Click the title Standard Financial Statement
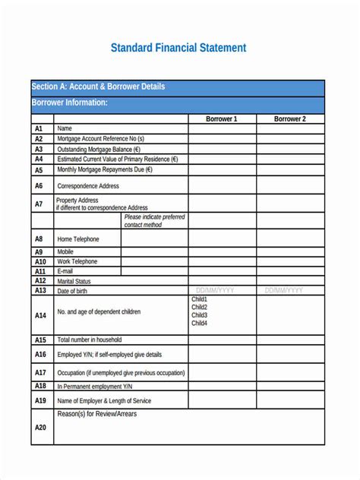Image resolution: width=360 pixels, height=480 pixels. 178,48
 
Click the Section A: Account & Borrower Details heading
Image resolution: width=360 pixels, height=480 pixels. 98,87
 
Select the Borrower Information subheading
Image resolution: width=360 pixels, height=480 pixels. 69,103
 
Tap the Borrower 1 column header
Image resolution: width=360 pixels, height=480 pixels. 222,119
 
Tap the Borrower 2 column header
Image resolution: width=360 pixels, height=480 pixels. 290,119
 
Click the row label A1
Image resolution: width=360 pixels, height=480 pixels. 39,129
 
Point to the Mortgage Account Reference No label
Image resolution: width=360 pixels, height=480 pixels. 100,139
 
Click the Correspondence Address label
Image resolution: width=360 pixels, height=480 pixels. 88,186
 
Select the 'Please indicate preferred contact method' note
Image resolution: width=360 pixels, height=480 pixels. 154,221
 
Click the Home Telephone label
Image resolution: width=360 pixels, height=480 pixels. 78,239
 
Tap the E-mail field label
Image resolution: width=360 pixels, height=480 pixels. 65,271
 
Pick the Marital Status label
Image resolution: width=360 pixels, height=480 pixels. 74,281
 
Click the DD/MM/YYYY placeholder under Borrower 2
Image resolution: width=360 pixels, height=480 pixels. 284,290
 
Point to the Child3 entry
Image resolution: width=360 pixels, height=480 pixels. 199,315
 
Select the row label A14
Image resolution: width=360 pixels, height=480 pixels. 40,315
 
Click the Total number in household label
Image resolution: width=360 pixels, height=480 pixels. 89,339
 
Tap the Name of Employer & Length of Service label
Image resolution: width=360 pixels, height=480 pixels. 104,401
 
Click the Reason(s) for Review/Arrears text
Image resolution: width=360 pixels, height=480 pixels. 96,414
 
